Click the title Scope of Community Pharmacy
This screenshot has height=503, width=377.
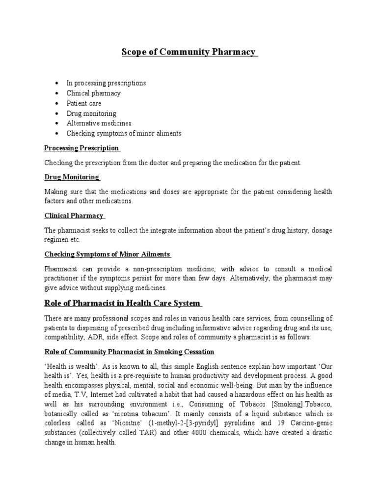tap(189, 53)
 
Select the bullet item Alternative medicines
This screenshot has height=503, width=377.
tap(99, 123)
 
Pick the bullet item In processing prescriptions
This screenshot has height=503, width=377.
tap(106, 83)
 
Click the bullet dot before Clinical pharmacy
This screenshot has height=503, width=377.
tap(57, 93)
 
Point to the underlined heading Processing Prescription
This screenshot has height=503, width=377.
tap(81, 148)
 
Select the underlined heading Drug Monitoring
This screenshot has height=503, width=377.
tap(72, 177)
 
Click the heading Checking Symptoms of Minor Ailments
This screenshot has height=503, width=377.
tap(107, 254)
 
